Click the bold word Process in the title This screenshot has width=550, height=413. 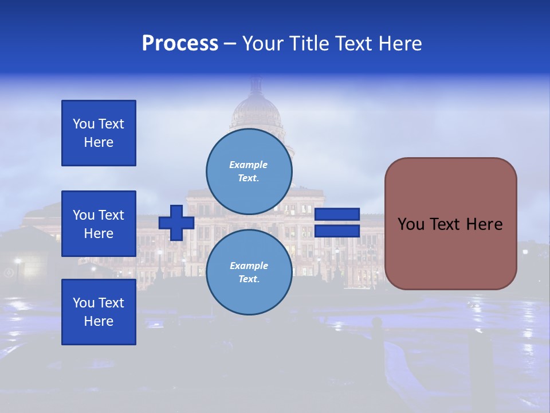[180, 44]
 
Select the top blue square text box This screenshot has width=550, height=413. [99, 133]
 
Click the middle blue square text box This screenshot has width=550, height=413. [99, 224]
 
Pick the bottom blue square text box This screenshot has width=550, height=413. [99, 312]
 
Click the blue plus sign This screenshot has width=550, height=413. [176, 223]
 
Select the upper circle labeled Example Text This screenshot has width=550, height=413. [249, 172]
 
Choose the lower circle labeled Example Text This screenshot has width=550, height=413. [249, 272]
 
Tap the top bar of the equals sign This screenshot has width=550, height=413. [337, 215]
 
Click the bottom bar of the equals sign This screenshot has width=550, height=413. [337, 231]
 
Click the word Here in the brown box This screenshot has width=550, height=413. [484, 224]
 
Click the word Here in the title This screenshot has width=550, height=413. [399, 44]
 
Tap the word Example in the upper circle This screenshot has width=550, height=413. [249, 165]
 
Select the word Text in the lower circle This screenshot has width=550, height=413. [248, 279]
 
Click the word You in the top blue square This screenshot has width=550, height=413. [83, 124]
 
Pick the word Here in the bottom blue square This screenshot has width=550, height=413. [99, 321]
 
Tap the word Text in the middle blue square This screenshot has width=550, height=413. [111, 215]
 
